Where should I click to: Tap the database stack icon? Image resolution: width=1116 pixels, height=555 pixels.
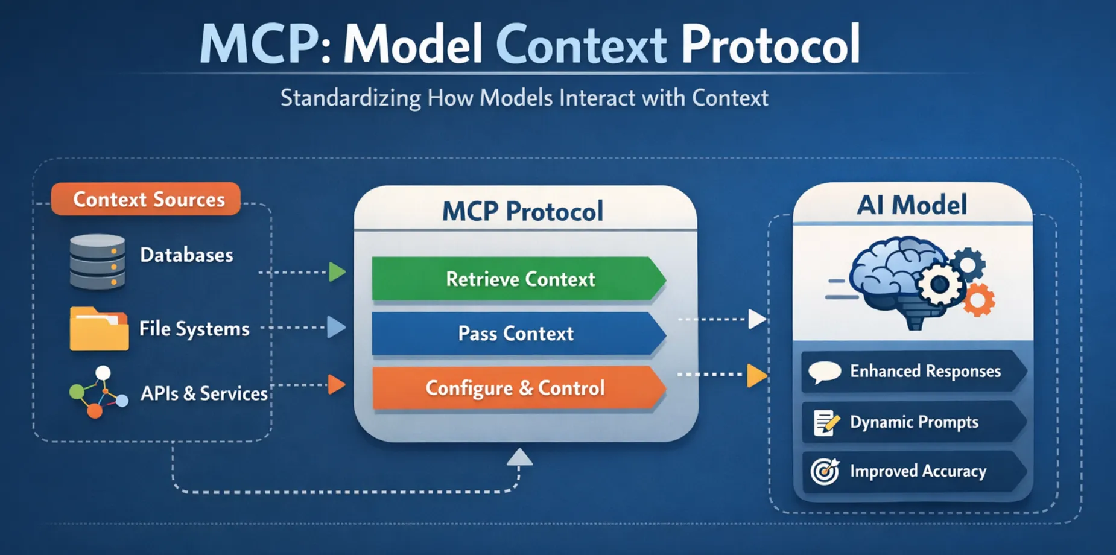pyautogui.click(x=97, y=262)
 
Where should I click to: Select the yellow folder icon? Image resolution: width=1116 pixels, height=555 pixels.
pyautogui.click(x=99, y=329)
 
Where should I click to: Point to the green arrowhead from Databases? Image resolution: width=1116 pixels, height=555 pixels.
pyautogui.click(x=337, y=272)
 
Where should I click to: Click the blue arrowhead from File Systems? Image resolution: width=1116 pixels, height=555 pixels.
pyautogui.click(x=336, y=327)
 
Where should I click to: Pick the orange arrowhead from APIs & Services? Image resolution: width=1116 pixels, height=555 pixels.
pyautogui.click(x=336, y=384)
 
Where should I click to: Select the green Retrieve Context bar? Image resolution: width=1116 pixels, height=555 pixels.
pyautogui.click(x=519, y=279)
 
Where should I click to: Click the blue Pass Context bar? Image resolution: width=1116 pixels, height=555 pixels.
pyautogui.click(x=516, y=333)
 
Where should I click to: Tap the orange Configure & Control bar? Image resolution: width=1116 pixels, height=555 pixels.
pyautogui.click(x=516, y=388)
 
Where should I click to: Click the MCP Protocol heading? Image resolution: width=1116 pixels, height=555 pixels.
pyautogui.click(x=522, y=211)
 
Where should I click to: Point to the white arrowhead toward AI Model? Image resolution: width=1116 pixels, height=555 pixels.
pyautogui.click(x=756, y=319)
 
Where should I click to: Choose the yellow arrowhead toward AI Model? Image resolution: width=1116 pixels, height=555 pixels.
pyautogui.click(x=756, y=375)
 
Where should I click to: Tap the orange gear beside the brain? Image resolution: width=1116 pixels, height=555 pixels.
pyautogui.click(x=978, y=300)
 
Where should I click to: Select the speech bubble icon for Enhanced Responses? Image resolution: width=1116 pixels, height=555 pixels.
pyautogui.click(x=825, y=372)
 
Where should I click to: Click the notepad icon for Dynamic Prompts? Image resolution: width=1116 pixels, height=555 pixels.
pyautogui.click(x=825, y=422)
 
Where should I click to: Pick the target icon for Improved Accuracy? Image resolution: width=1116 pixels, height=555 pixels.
pyautogui.click(x=825, y=471)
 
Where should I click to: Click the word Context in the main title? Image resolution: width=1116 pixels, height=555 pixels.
pyautogui.click(x=581, y=45)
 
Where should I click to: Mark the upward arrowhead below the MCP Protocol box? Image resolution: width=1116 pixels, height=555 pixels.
pyautogui.click(x=519, y=458)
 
